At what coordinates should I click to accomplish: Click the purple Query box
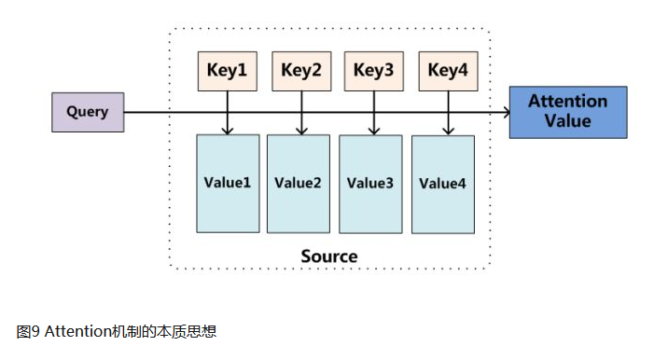[x=87, y=113]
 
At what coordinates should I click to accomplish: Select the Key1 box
[x=227, y=71]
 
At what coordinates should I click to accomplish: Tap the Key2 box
[x=300, y=71]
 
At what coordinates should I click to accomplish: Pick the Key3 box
[x=373, y=71]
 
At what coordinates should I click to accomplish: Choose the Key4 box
[x=448, y=71]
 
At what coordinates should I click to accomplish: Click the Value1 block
[x=228, y=183]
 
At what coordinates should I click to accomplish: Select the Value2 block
[x=299, y=183]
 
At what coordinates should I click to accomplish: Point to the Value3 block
[x=370, y=183]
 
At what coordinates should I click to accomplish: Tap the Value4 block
[x=442, y=184]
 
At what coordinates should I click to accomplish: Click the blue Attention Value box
[x=567, y=111]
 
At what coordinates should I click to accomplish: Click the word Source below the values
[x=328, y=256]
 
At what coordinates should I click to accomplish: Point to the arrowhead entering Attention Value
[x=506, y=113]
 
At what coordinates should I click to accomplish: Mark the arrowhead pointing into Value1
[x=228, y=130]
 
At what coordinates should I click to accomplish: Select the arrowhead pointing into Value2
[x=300, y=130]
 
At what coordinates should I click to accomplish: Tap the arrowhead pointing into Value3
[x=373, y=130]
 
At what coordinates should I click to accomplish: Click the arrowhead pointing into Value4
[x=448, y=131]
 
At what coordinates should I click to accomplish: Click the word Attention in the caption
[x=74, y=331]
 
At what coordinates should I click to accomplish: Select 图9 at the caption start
[x=28, y=331]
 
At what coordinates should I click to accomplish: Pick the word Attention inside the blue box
[x=567, y=101]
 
